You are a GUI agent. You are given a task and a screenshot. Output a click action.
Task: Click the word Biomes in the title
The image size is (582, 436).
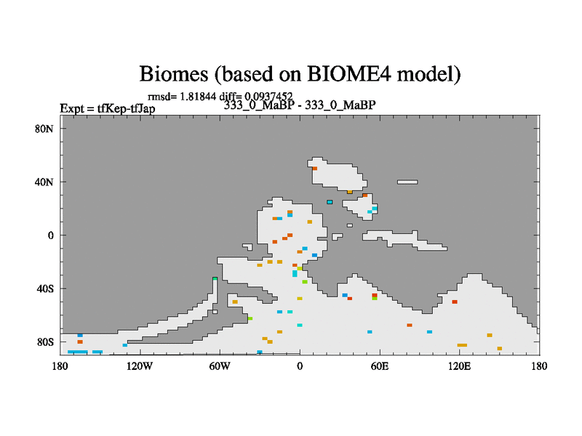point(174,74)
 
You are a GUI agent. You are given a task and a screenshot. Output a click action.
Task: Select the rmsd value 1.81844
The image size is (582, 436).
point(197,97)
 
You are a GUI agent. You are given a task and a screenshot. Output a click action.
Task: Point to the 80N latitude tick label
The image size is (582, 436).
point(44,129)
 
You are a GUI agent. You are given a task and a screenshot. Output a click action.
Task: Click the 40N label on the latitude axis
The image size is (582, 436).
point(44,182)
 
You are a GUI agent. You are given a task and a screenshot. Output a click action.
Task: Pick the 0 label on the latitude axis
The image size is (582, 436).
point(50,235)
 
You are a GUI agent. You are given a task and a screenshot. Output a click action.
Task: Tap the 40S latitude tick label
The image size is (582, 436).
point(45,288)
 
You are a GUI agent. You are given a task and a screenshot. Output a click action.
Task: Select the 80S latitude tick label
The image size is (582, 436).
point(45,342)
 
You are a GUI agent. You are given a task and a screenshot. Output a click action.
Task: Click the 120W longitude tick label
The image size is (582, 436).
point(140,366)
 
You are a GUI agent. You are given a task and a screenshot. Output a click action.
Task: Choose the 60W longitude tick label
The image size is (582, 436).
point(220,366)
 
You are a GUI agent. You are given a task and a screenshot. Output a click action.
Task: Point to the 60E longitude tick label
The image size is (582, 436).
point(380,366)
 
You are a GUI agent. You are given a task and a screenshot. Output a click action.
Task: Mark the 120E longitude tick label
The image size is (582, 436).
point(460,366)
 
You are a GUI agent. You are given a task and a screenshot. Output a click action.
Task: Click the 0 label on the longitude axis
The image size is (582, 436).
point(300,366)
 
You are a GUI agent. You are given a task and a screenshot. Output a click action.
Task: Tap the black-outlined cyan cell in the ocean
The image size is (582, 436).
point(330,202)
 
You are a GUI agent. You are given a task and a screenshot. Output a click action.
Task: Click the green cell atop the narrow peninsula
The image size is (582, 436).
point(215,278)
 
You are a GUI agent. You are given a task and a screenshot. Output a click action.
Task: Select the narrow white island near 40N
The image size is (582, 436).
point(407,182)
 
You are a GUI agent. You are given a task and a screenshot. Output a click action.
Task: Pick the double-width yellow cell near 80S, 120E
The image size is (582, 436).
point(462,345)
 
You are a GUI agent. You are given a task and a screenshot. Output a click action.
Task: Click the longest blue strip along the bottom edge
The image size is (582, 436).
point(78,352)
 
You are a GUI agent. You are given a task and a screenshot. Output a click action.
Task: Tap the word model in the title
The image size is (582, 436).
point(428,74)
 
